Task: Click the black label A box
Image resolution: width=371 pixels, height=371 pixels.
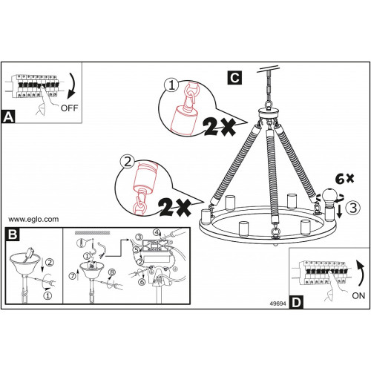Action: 8,116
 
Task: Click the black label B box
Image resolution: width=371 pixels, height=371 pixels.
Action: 13,234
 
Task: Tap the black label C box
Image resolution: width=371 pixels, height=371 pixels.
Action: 234,78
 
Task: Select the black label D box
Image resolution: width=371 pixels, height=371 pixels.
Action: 297,302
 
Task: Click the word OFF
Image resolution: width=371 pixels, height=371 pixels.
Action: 69,108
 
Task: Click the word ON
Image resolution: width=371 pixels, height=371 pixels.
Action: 358,295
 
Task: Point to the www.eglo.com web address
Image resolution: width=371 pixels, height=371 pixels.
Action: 33,220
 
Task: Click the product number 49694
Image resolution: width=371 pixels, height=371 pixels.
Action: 278,303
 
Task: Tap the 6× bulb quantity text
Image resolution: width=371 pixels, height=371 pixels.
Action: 344,179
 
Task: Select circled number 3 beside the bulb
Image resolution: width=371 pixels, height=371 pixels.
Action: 353,208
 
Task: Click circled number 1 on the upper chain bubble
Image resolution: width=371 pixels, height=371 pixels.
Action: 171,85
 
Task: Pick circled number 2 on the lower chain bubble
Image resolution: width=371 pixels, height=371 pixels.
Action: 128,162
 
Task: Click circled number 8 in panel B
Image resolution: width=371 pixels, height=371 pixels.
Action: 112,272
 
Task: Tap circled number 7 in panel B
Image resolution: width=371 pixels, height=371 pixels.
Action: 73,275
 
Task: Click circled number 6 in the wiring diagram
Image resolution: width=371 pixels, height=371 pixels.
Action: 142,282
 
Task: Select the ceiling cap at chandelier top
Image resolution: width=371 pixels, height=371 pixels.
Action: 269,113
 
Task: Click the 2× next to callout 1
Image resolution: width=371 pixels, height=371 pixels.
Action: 220,126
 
